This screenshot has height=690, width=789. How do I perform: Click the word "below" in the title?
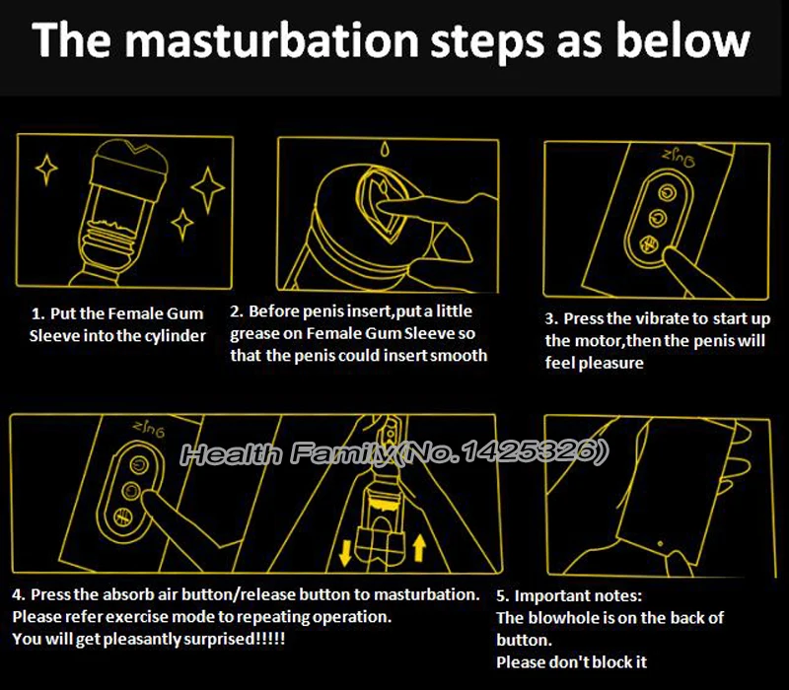[x=682, y=40]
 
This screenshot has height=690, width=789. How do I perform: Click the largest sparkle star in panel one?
[x=207, y=188]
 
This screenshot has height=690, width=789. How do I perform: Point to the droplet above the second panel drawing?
[x=385, y=149]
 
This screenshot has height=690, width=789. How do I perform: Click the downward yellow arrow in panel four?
[x=345, y=553]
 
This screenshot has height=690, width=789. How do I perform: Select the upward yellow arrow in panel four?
[x=419, y=548]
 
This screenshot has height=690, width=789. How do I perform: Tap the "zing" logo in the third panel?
[x=679, y=159]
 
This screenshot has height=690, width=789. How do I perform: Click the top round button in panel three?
[x=667, y=193]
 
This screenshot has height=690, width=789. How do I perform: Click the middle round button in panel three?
[x=657, y=218]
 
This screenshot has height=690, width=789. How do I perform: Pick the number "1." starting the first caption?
[x=37, y=314]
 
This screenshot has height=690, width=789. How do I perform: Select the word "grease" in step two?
[x=254, y=334]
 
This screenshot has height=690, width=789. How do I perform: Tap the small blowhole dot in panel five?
[x=660, y=544]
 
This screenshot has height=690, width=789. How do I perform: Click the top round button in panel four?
[x=138, y=464]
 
